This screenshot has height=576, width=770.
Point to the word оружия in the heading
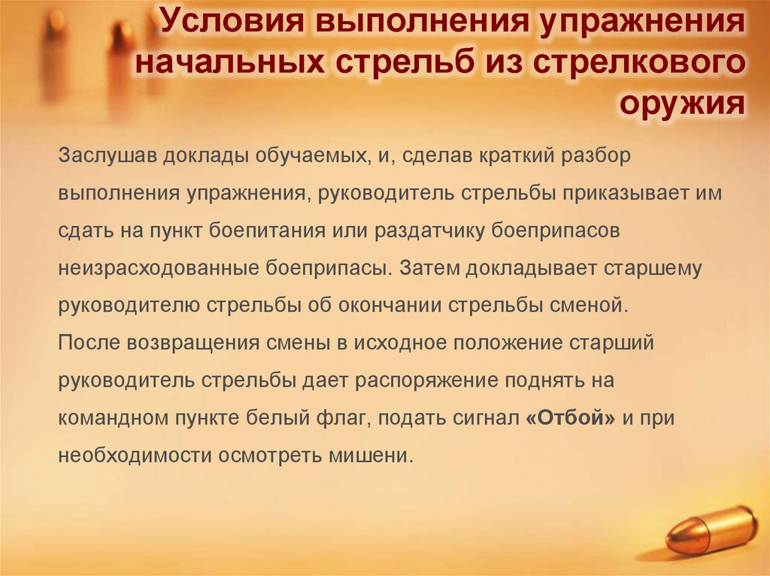682,104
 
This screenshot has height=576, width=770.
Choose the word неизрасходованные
159,268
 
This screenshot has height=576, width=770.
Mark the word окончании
397,306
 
